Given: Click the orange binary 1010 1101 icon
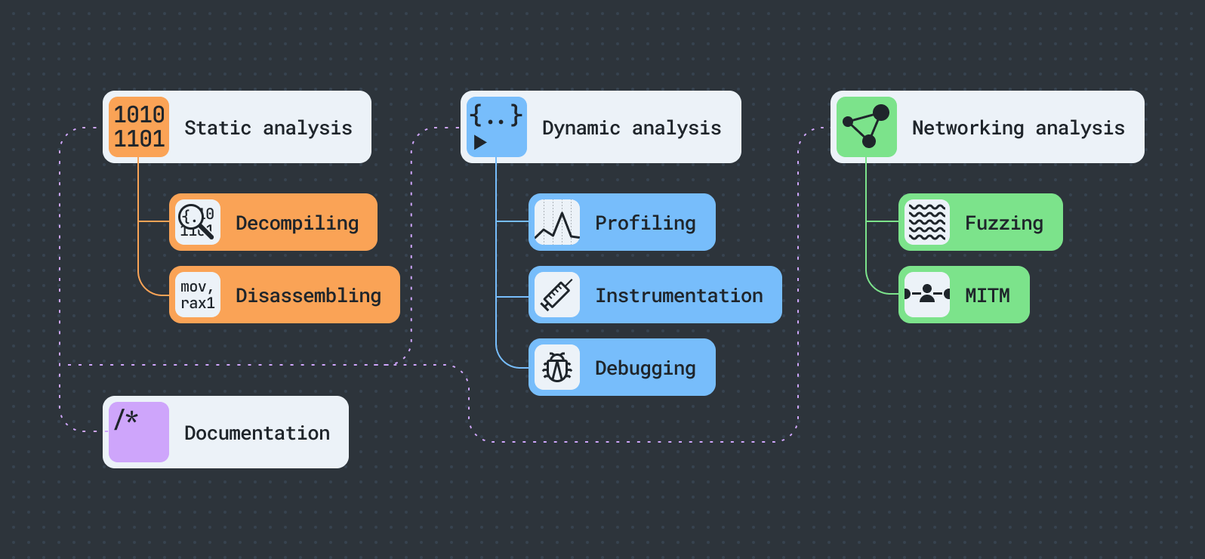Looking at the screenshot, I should coord(139,127).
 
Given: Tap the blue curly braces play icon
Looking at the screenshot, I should coord(496,127).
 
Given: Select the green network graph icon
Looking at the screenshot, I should coord(867,127).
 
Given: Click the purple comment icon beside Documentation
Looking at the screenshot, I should coord(139,432).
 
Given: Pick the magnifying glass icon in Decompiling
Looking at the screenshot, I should coord(197,222).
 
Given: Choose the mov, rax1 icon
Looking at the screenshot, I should coord(198,295).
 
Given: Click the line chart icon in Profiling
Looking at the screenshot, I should coord(557,222).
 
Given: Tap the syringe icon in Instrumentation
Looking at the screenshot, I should coord(557,295).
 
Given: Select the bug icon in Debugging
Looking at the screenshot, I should coord(557,368).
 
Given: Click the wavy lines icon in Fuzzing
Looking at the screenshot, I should coord(927,222).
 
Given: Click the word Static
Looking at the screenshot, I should coord(217,128).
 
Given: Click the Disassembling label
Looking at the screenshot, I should coord(308,295).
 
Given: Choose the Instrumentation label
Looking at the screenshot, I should coord(679,295).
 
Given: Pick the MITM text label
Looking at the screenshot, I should coord(987,295).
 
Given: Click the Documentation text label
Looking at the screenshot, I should coord(257,433).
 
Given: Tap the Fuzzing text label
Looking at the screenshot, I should coord(1003,223).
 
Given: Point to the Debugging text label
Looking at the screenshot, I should coord(645,368).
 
